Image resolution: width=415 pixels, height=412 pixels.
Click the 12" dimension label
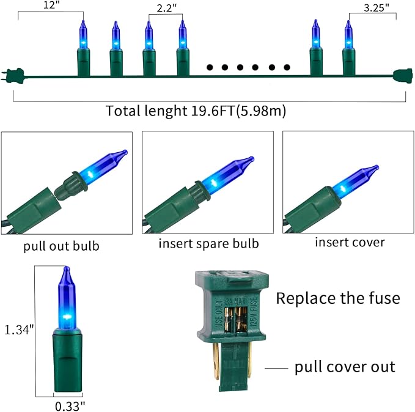(x=51, y=6)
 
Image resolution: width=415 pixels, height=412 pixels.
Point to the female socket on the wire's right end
(x=402, y=75)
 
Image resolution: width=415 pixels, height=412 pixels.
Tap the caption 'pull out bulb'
(x=62, y=247)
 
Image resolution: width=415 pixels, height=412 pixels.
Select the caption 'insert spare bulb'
(x=209, y=243)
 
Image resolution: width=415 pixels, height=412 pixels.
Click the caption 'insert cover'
(x=350, y=242)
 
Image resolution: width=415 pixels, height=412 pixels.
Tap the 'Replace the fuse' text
(x=338, y=298)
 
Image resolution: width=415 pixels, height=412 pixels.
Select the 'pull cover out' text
(x=345, y=367)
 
